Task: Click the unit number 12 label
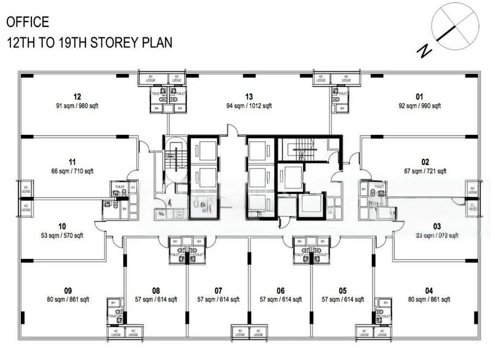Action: pos(77,96)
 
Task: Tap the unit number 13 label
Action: pos(249,96)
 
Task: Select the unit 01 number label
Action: pos(420,96)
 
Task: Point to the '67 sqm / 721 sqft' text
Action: pos(425,171)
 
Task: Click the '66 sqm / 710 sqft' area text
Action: pos(72,171)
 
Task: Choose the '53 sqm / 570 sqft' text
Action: pos(62,236)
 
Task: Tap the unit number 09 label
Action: pos(68,291)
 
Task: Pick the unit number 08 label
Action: pos(156,291)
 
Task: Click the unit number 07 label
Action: pos(218,291)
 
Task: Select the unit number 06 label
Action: pos(280,291)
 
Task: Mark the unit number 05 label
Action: pos(342,291)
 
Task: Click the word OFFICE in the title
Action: pos(28,23)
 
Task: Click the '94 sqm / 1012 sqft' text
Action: pos(249,105)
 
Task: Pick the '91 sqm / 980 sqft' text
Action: pos(77,105)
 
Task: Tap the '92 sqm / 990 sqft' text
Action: pos(420,105)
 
